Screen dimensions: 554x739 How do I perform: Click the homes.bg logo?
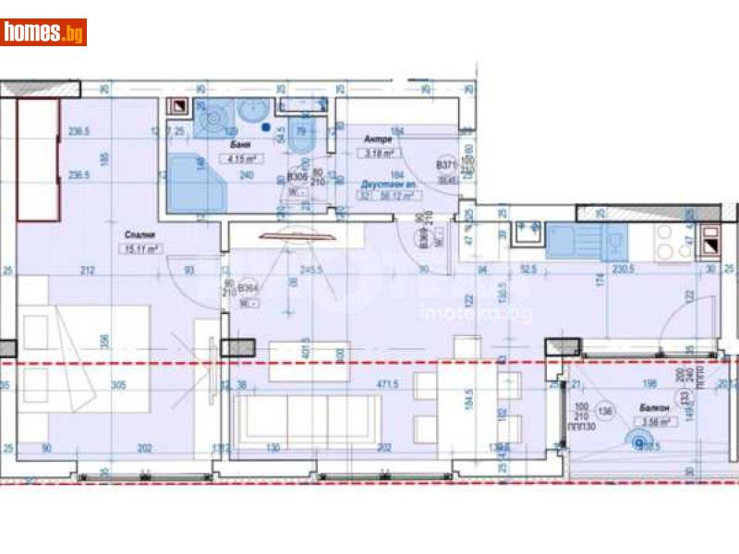pos(43,32)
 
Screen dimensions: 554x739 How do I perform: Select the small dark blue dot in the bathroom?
pos(266,128)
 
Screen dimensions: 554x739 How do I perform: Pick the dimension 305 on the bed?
pos(117,385)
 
